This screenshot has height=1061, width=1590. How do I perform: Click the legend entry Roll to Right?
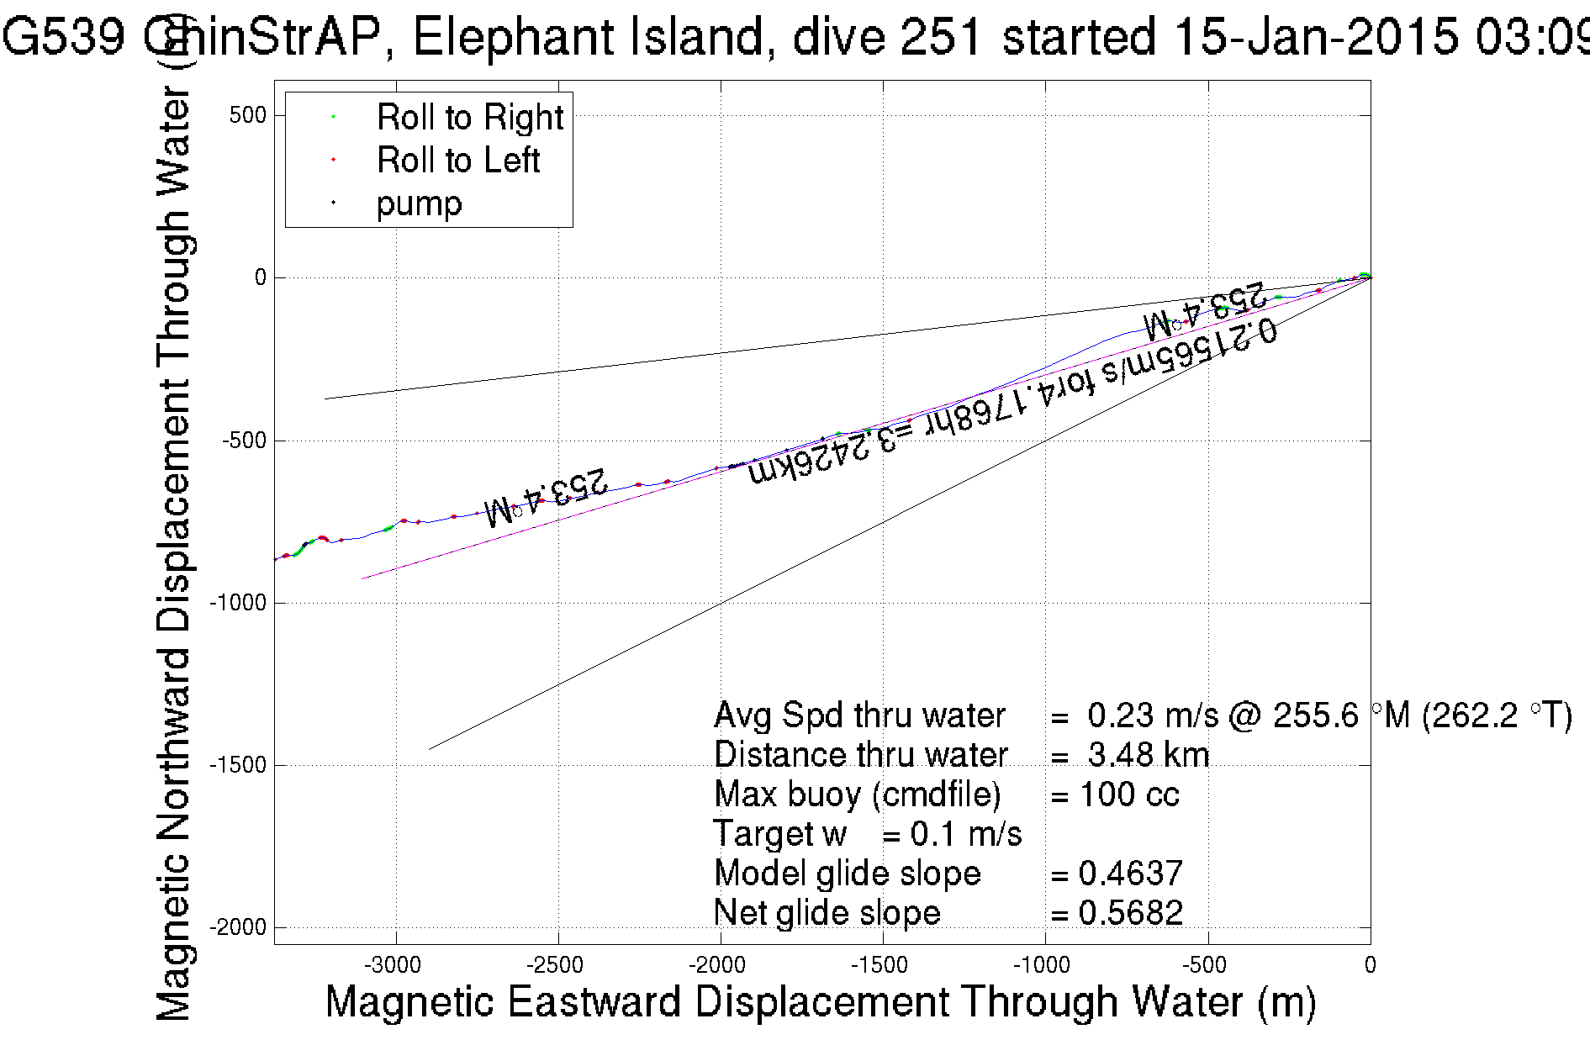click(x=469, y=117)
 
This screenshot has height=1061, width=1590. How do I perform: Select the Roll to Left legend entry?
click(x=457, y=160)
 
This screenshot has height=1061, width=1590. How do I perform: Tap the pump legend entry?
click(x=419, y=203)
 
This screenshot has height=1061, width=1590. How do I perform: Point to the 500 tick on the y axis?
click(x=247, y=115)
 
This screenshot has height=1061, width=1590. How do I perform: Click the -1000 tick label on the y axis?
click(x=238, y=603)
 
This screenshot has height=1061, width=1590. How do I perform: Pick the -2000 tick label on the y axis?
click(x=238, y=927)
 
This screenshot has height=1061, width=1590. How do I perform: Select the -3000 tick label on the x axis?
click(x=395, y=965)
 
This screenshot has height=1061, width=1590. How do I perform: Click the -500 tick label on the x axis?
click(x=1207, y=965)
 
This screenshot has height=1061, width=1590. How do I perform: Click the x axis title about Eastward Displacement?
click(x=820, y=1002)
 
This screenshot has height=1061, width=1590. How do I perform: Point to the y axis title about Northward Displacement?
click(x=174, y=555)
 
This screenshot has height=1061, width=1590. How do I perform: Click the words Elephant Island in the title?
click(x=594, y=37)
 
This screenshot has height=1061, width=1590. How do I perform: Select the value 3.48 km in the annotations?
click(x=1148, y=755)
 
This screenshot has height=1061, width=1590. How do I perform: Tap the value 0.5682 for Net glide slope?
click(x=1131, y=913)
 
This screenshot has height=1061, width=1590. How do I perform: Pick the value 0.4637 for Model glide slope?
click(x=1131, y=874)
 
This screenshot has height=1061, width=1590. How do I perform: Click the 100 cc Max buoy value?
click(x=1129, y=794)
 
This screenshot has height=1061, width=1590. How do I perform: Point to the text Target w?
click(x=779, y=834)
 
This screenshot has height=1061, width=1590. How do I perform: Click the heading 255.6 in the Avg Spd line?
click(x=1315, y=715)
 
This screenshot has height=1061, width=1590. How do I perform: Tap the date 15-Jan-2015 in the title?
click(x=1316, y=37)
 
